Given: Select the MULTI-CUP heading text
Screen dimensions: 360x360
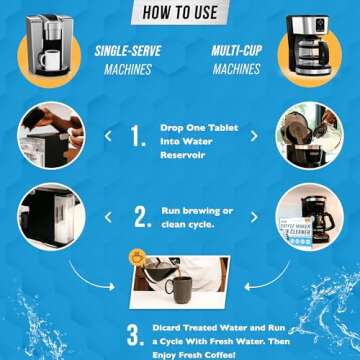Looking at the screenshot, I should pyautogui.click(x=236, y=50).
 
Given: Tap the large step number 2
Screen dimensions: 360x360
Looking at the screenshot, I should pyautogui.click(x=141, y=215).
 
